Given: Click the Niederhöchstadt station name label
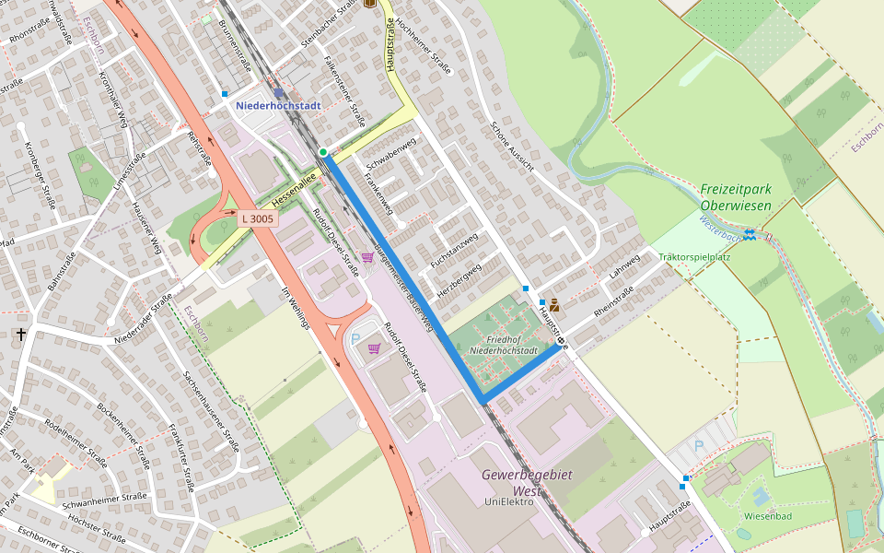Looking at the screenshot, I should (x=278, y=106).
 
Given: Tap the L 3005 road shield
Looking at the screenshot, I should (x=257, y=218).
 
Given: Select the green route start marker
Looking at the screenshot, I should (x=323, y=152).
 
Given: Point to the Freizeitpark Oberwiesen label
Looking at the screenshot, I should (x=735, y=196).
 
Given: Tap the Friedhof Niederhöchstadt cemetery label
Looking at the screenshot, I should (x=503, y=344).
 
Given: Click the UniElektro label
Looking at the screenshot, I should (x=509, y=501).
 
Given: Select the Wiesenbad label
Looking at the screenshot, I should (x=767, y=517).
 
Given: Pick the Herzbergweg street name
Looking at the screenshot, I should (x=460, y=280).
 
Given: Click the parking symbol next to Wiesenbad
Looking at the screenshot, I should (x=698, y=445).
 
